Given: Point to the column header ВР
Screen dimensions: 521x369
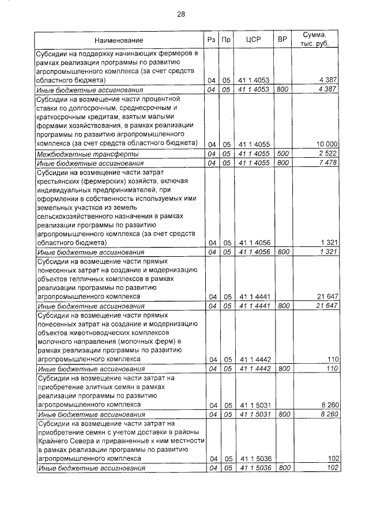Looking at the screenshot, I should pos(282,40).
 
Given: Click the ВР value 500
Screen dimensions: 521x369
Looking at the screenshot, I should pos(283,154).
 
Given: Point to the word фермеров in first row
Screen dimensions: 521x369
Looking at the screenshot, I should pos(175,54).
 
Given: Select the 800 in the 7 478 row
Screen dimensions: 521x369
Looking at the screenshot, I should pos(283,163).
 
